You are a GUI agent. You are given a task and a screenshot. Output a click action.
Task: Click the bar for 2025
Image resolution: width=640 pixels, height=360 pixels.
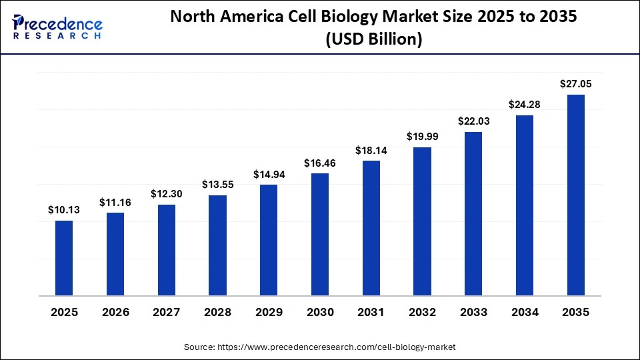tap(64, 257)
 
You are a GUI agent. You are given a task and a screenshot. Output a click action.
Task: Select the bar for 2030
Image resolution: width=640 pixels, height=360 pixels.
tap(320, 234)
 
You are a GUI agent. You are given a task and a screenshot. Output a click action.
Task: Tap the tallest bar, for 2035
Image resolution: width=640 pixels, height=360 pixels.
tap(576, 195)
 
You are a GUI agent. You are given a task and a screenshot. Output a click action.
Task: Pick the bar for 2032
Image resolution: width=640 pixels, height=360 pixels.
tap(422, 221)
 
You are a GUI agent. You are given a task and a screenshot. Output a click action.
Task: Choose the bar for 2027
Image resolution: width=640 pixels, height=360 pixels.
tap(167, 249)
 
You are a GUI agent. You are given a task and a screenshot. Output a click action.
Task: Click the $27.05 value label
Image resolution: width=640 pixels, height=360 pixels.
tap(576, 84)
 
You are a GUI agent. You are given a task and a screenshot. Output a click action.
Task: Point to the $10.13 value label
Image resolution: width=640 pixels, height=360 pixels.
tap(64, 210)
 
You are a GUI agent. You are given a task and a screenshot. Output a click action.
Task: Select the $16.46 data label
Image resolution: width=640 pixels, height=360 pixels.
tap(320, 163)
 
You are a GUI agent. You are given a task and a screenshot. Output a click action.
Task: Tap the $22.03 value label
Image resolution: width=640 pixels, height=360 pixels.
tap(473, 121)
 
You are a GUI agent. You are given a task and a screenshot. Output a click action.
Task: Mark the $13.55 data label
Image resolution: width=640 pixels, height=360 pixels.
tap(218, 185)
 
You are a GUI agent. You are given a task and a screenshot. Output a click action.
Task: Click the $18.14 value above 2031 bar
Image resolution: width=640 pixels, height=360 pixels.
tap(371, 150)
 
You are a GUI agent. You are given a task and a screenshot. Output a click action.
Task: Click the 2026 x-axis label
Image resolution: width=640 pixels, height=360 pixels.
tap(115, 311)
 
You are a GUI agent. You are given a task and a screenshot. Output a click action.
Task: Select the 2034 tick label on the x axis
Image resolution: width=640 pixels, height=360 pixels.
tap(525, 311)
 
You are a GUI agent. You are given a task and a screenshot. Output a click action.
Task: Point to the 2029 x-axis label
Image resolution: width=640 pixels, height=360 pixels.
tap(269, 311)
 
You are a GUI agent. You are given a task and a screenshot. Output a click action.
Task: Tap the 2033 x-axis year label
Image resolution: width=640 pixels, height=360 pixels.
tap(473, 311)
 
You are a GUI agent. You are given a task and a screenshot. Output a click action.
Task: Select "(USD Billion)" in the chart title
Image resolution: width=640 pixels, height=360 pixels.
tap(373, 40)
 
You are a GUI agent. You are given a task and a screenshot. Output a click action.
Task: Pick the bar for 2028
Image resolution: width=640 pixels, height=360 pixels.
tap(218, 245)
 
